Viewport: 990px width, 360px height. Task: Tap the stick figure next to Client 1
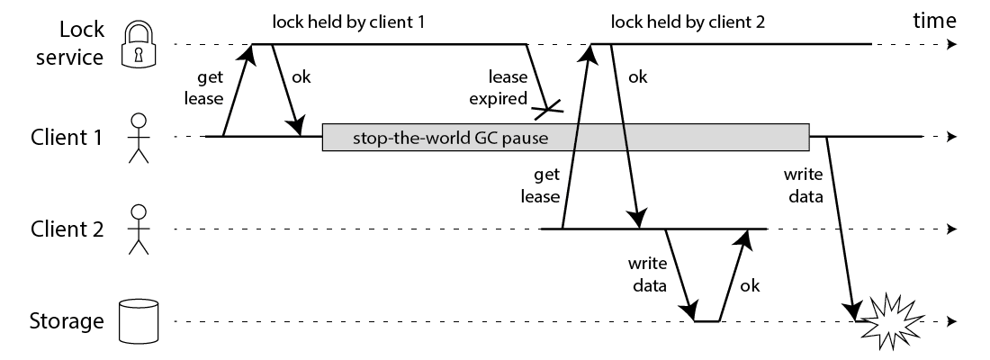click(137, 138)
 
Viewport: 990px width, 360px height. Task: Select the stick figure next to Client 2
click(137, 229)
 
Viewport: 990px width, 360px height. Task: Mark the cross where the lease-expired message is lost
click(548, 111)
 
